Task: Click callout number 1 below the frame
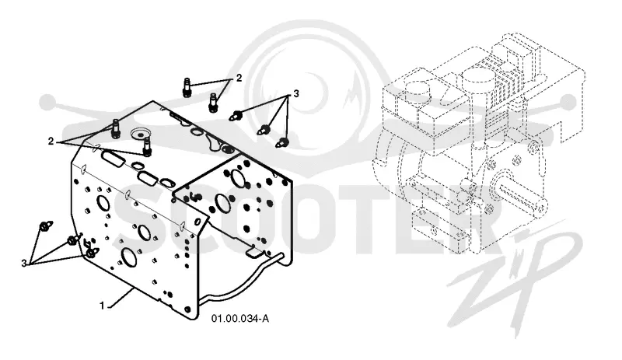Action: coord(102,306)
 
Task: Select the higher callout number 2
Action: coord(239,78)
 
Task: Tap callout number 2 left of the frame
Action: coord(51,141)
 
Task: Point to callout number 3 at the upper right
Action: coord(296,93)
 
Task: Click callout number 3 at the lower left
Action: coord(24,263)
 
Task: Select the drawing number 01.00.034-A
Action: coord(240,318)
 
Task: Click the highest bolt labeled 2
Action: coord(187,87)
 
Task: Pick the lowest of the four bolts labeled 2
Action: coord(148,146)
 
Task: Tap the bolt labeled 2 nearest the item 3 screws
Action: coord(213,103)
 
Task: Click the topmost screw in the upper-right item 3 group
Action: coord(236,116)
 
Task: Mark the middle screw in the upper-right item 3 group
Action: coord(264,129)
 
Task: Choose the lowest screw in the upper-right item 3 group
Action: coord(281,142)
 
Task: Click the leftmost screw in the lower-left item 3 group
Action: coord(46,226)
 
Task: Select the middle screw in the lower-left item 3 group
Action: coord(73,239)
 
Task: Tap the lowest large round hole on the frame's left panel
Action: coord(129,257)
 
